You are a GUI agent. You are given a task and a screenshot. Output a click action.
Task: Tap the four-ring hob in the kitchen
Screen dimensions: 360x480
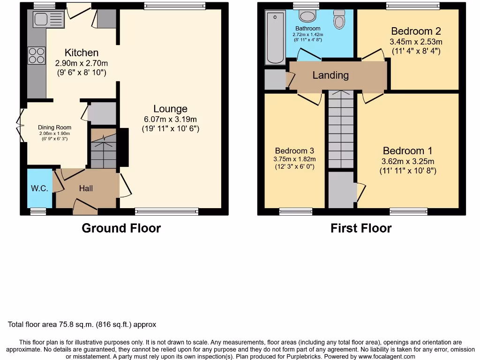(37, 56)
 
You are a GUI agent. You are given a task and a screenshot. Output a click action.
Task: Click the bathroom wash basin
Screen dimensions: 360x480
(307, 16)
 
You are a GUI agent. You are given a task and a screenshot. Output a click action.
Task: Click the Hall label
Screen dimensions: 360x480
(86, 188)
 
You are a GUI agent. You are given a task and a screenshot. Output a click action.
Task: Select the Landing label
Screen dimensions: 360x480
(330, 75)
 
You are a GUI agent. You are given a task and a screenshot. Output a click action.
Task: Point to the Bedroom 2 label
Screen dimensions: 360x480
(416, 31)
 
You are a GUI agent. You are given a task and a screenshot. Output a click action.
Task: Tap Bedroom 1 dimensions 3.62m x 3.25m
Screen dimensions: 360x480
(408, 161)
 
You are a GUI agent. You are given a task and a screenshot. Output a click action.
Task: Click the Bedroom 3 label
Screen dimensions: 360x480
(294, 150)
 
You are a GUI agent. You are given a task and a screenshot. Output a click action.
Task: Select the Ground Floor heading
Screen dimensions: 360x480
(121, 228)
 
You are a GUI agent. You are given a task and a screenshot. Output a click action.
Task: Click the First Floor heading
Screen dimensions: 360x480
(361, 228)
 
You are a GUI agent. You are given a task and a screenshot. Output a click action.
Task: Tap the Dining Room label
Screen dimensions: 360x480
(55, 127)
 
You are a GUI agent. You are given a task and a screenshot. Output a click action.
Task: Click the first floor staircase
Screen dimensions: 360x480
(341, 129)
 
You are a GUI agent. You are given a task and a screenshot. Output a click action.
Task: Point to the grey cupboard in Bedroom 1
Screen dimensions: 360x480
(341, 190)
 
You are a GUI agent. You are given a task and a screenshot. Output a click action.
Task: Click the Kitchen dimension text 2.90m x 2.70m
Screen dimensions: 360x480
(82, 63)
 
